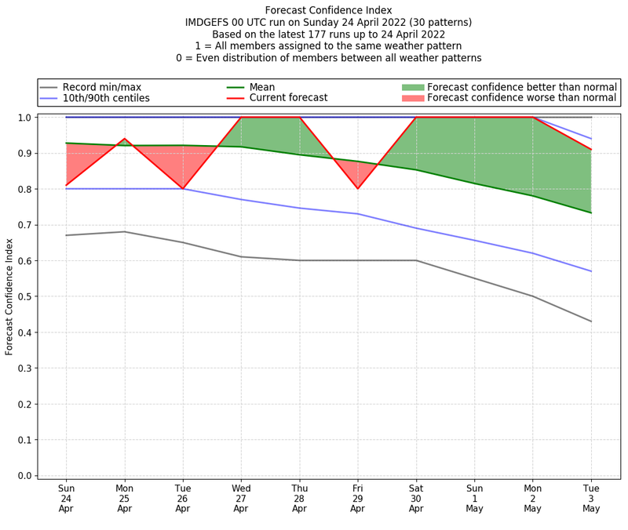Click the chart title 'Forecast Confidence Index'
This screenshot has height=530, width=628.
(x=328, y=10)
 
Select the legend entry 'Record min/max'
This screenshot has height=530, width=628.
(x=100, y=86)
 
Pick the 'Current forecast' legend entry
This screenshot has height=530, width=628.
(x=287, y=98)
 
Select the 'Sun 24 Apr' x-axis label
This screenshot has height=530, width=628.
(x=67, y=498)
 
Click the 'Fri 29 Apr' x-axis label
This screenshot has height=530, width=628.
(x=358, y=498)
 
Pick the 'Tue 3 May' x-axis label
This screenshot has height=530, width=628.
(x=591, y=498)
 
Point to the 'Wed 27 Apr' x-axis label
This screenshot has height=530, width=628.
(x=241, y=498)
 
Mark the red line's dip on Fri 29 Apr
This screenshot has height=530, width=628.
(x=358, y=188)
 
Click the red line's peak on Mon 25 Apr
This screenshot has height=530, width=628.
(x=125, y=139)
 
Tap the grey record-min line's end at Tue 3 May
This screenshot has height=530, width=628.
(x=591, y=321)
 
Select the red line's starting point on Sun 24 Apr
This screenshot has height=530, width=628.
(x=67, y=185)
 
